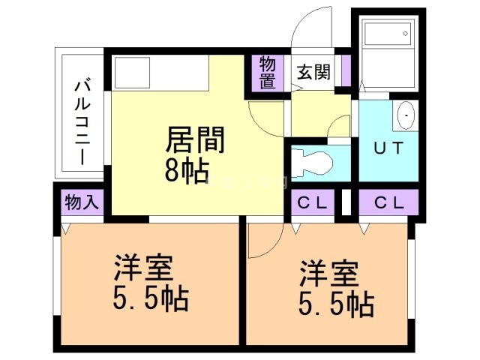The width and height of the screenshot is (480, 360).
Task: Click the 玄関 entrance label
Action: tap(313, 72)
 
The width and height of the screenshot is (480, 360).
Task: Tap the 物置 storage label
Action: tap(268, 73)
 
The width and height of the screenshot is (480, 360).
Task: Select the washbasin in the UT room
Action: tap(406, 117)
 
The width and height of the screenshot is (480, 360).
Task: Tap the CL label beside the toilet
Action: tap(313, 202)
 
